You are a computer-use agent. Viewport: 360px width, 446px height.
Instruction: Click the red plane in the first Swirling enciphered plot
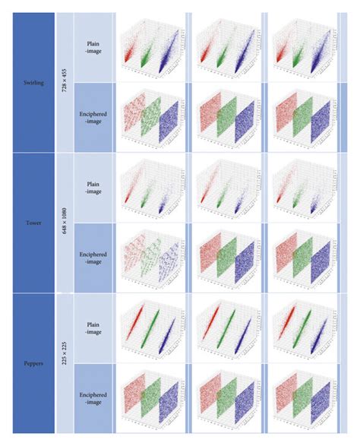coord(130,113)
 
